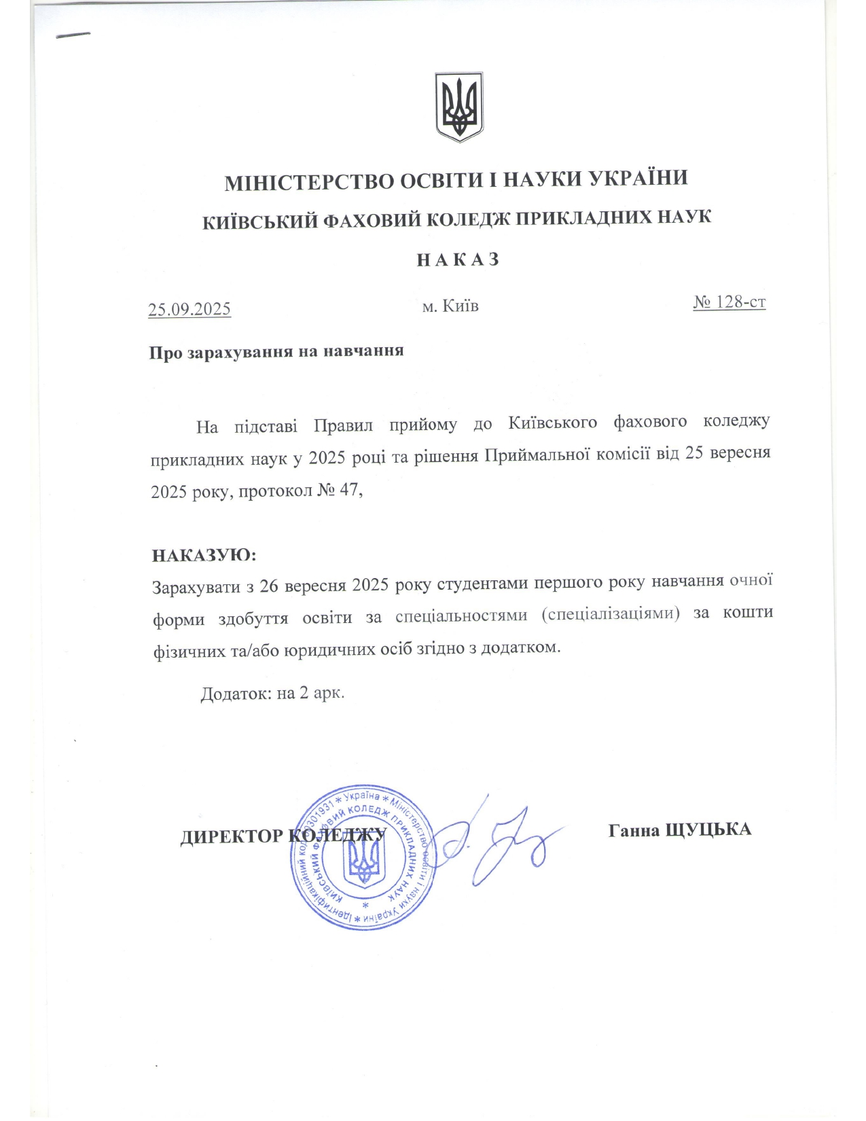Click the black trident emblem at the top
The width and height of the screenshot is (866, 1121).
pos(459,107)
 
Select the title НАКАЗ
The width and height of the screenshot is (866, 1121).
pos(458,260)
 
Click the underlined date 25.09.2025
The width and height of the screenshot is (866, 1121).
pos(190,309)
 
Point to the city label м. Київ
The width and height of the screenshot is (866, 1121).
pos(450,306)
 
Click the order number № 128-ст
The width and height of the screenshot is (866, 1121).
pos(729,302)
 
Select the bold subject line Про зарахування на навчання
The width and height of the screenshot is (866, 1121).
pos(276,352)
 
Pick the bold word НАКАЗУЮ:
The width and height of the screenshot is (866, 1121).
pos(204,555)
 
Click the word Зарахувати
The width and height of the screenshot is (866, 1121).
pos(196,586)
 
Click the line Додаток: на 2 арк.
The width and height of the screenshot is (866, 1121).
pos(272,694)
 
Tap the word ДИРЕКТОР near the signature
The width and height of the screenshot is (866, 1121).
pos(231,836)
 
